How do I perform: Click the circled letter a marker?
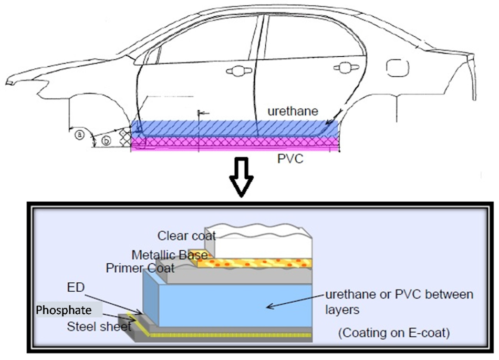point(79,135)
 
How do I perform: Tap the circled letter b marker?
point(106,140)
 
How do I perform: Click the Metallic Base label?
point(169,255)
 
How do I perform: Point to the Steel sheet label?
point(99,327)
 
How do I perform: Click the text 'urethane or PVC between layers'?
point(399,301)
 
